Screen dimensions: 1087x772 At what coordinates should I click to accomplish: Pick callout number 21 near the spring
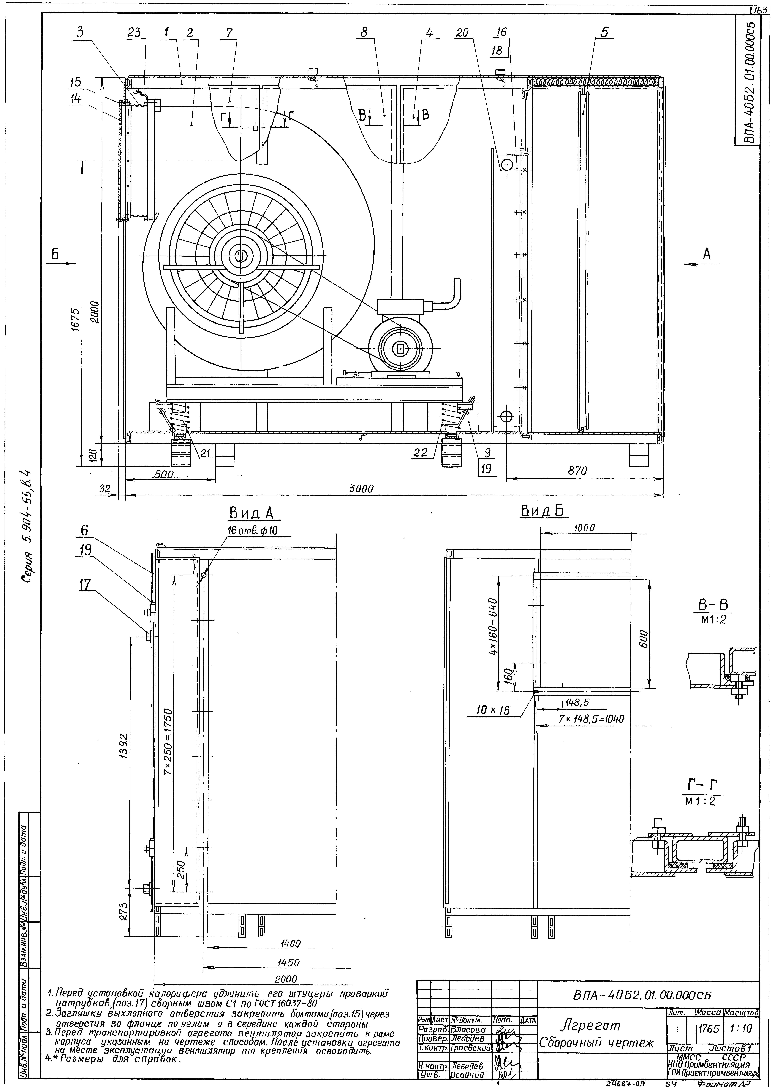[205, 453]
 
